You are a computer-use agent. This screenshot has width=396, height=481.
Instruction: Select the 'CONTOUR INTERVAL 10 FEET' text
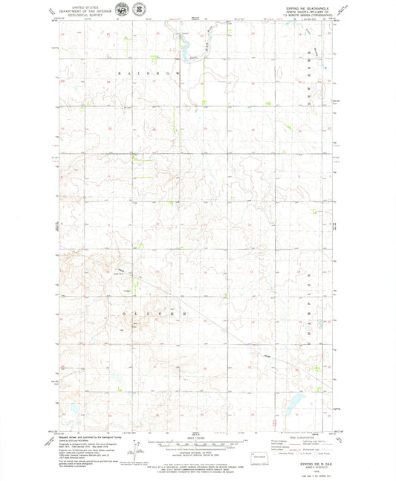[196, 451]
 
